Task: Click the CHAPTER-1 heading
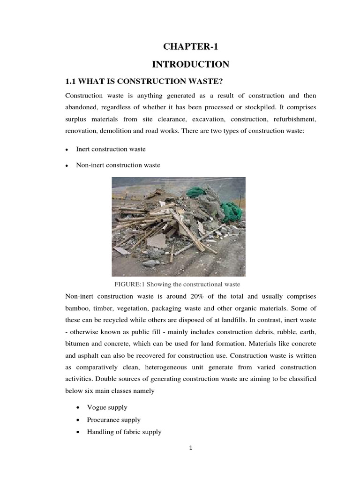[191, 46]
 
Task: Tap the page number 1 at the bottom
[191, 447]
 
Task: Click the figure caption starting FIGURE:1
[177, 284]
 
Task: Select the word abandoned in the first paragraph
[81, 108]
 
